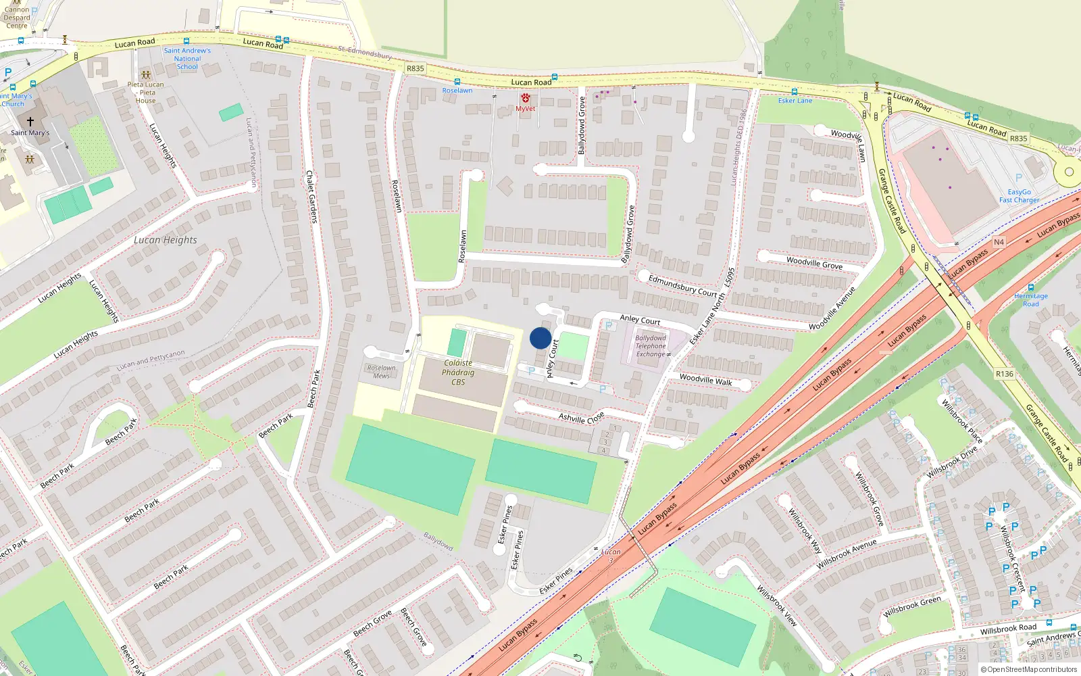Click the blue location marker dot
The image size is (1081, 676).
[540, 338]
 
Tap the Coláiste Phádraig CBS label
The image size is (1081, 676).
[458, 372]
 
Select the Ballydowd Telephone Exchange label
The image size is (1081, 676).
[651, 346]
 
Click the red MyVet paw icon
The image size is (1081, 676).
[526, 99]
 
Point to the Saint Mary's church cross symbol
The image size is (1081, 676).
[30, 122]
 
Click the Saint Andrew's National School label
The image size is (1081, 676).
[187, 59]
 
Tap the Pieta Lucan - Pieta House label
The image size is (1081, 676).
[145, 93]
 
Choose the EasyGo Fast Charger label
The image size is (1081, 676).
[1020, 196]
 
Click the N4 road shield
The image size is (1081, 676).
[999, 242]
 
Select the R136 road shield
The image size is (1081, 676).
[1004, 374]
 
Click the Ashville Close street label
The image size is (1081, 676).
[581, 418]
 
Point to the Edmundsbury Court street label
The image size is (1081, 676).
[682, 286]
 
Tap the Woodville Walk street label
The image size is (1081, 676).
[705, 380]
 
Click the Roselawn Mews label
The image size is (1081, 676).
[381, 372]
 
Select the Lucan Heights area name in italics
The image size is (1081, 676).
[166, 240]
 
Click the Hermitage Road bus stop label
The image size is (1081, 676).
[1031, 299]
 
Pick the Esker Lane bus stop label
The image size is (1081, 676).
[795, 101]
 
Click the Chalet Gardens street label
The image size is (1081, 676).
[311, 197]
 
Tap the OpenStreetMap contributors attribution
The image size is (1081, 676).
[1029, 670]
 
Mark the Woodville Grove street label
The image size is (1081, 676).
[814, 262]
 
